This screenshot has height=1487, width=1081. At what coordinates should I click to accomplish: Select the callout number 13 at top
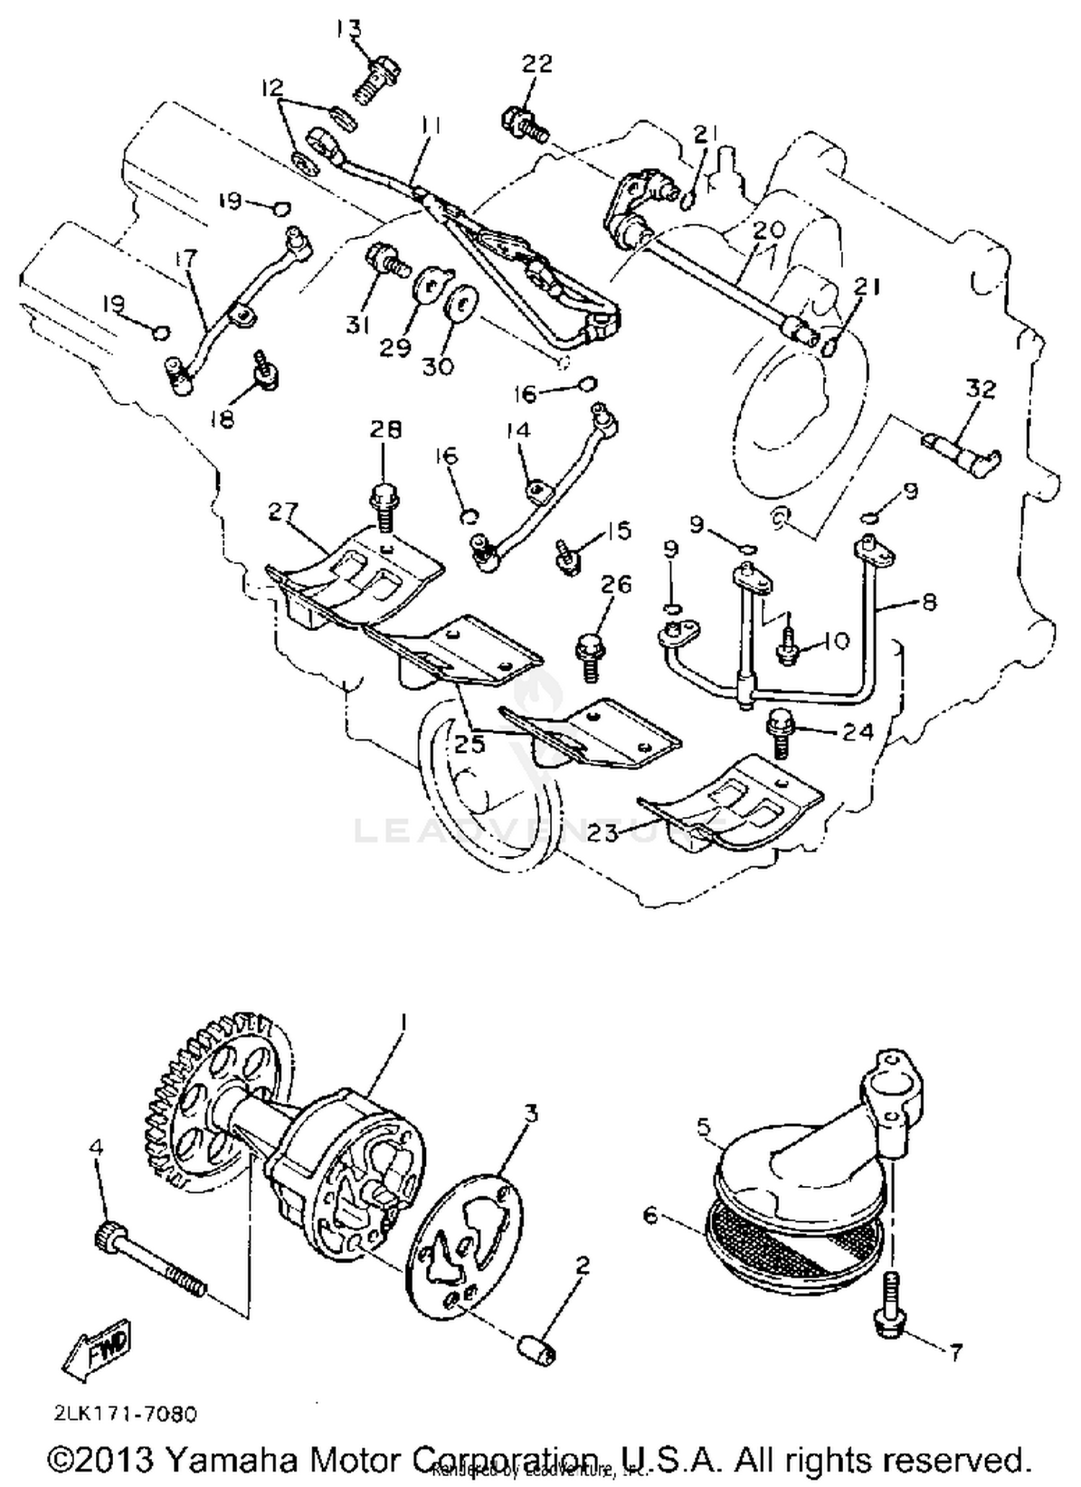349,29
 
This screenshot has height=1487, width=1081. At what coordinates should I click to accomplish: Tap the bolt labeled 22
523,125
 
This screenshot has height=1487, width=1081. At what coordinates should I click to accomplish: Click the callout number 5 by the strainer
704,1125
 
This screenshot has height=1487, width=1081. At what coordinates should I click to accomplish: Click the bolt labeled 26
590,654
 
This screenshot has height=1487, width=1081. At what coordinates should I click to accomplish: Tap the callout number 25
469,744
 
